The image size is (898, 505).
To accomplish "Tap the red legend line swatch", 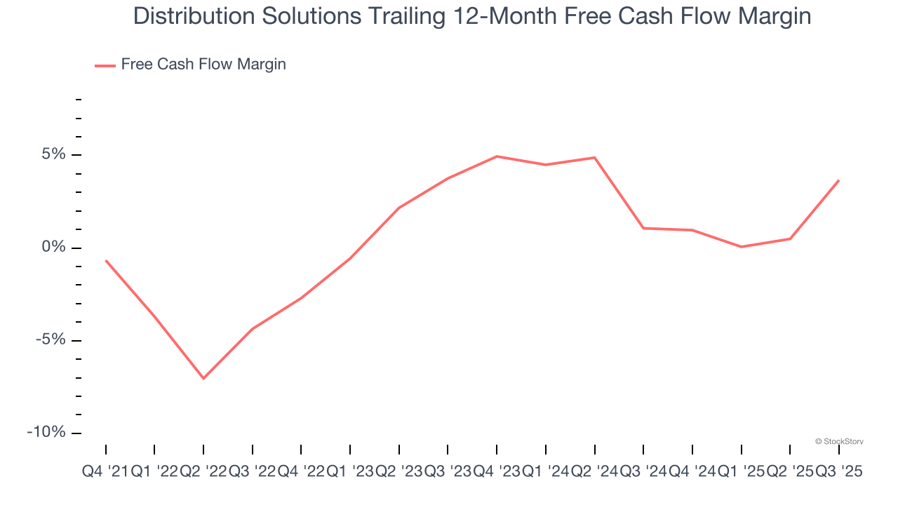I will [105, 65].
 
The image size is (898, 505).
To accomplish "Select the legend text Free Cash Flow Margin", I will [203, 65].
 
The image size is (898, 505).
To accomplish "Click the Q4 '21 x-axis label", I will [105, 472].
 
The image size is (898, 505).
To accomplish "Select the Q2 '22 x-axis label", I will [203, 472].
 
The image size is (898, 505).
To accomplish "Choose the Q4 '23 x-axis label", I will [497, 472].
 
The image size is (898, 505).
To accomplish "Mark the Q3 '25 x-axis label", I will [838, 472].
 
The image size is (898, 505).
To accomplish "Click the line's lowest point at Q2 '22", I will [203, 379].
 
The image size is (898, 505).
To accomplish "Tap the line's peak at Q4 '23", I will [497, 156].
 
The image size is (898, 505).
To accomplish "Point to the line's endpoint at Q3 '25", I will [838, 180].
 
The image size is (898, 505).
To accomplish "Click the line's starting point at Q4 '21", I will [106, 260].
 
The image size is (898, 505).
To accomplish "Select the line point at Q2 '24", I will [595, 158].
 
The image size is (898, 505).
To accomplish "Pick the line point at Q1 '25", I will [742, 247].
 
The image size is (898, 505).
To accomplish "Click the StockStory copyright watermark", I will [839, 441].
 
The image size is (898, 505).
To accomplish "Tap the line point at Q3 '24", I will [643, 228].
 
